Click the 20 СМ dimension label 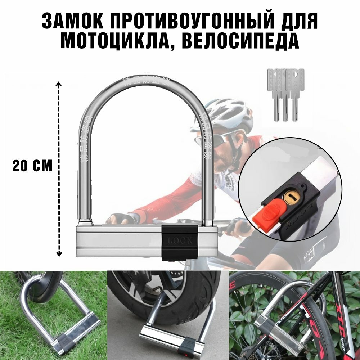pyautogui.click(x=32, y=166)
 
